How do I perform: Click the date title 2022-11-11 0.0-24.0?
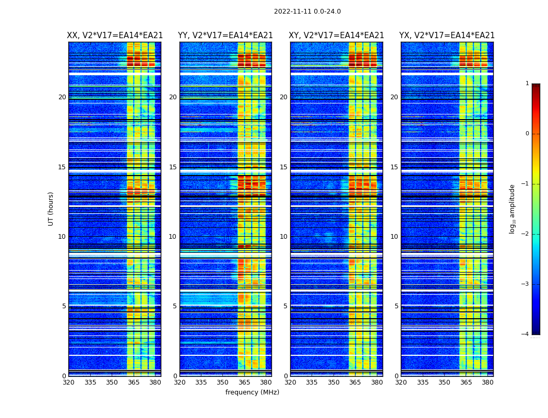pos(307,11)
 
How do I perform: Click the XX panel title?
pos(115,36)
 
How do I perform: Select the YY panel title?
pos(225,36)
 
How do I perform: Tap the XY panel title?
pos(337,36)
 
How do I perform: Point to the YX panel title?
pos(447,36)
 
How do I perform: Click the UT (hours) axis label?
pos(51,208)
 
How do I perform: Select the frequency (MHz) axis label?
pos(252,392)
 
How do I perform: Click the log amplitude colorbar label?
pos(512,208)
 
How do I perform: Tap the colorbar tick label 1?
pos(527,84)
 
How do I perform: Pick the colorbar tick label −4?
pos(526,334)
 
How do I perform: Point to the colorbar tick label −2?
pos(526,234)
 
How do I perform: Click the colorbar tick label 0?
pos(527,134)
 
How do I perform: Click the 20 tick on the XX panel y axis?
pos(62,97)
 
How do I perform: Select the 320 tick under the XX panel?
pos(68,383)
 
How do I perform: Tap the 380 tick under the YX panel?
pos(487,383)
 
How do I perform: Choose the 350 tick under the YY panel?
pos(223,383)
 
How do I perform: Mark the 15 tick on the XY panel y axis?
pos(283,167)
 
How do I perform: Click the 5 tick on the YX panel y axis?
pos(396,306)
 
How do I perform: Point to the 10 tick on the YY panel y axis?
pos(173,237)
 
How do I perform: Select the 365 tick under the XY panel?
pos(355,383)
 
